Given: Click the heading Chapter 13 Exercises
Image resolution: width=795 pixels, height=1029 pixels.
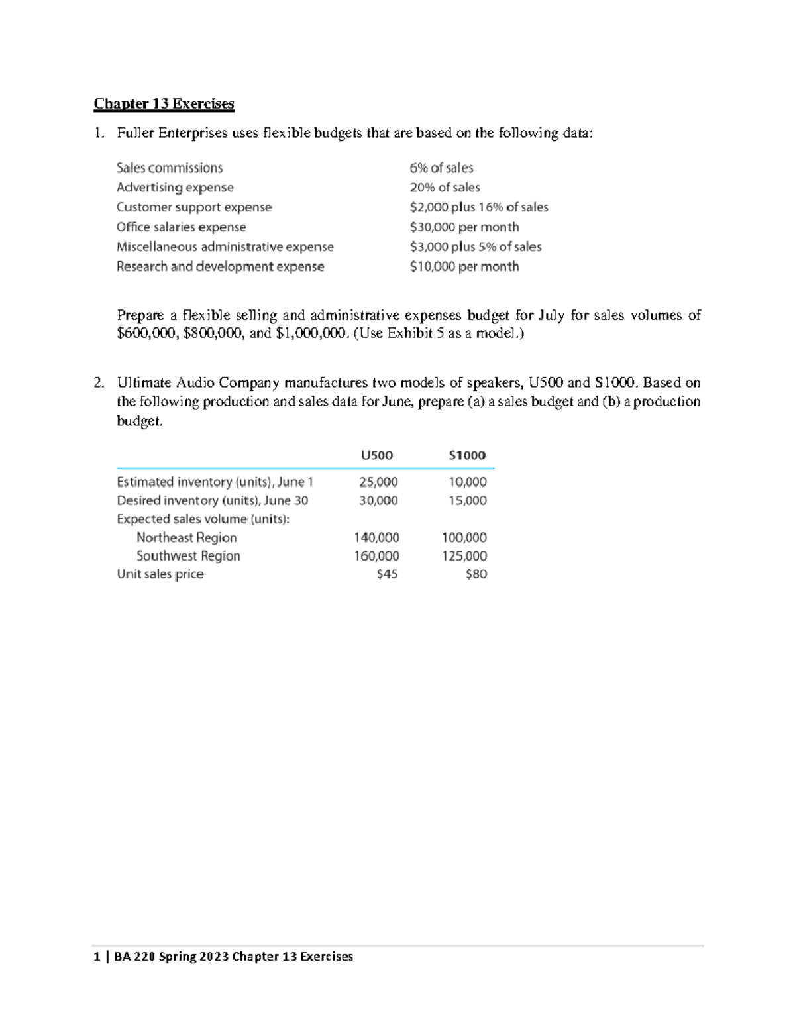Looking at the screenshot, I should pos(164,103).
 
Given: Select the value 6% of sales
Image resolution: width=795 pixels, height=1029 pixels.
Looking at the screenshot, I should pos(441,168).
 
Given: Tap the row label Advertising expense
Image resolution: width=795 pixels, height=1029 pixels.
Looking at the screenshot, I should pos(175,188).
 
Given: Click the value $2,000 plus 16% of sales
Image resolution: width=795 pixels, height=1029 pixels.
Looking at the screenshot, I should pos(478,207).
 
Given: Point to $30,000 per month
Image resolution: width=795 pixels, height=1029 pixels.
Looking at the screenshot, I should pos(464,227).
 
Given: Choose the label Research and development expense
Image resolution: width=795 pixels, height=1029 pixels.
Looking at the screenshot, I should pos(220,266).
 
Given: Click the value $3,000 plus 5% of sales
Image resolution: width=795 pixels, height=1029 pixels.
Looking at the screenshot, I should pos(475,246).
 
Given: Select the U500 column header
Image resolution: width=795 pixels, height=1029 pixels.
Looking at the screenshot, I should pos(376,455).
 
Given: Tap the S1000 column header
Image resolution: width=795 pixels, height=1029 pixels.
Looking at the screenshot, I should pos(467,455).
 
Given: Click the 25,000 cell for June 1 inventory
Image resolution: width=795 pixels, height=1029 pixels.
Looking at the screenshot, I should pos(378,482).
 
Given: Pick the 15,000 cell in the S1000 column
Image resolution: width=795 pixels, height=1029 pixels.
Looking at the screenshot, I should pos(467,500).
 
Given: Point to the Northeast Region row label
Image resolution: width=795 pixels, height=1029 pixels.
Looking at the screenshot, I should pos(186,537).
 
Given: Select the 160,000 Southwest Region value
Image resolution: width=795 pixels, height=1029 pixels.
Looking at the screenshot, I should pos(376,556).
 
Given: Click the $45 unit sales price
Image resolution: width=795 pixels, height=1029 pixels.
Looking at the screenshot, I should pos(387,574).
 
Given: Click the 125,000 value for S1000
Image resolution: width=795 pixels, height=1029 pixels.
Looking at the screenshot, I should pos(464,556).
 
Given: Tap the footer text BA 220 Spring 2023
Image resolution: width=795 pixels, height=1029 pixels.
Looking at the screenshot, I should pos(171,957).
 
